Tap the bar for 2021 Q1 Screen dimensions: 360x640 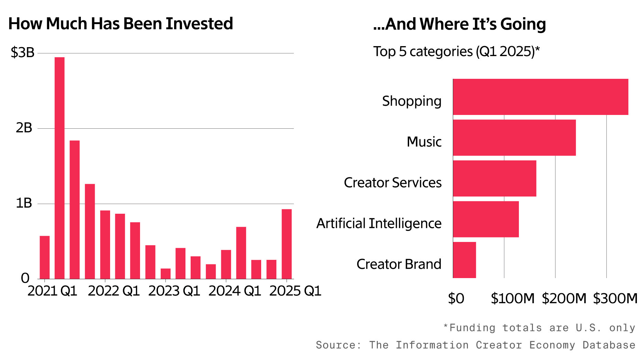point(44,257)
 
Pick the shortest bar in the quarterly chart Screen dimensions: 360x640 point(166,274)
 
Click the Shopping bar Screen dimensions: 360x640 point(540,97)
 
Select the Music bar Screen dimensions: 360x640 point(514,138)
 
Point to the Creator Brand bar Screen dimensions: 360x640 point(464,260)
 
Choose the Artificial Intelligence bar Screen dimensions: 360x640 point(486,219)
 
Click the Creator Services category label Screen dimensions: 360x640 point(393,183)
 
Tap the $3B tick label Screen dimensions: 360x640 point(23,52)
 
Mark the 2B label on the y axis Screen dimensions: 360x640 point(24,128)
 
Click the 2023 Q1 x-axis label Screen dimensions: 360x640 point(174,291)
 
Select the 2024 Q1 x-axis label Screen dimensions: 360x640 point(235,291)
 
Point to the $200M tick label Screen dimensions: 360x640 point(564,298)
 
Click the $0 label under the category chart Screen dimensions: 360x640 point(456,298)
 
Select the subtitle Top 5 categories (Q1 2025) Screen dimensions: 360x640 point(456,52)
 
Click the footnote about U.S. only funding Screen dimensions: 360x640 point(539,328)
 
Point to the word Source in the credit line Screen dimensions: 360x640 point(338,345)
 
